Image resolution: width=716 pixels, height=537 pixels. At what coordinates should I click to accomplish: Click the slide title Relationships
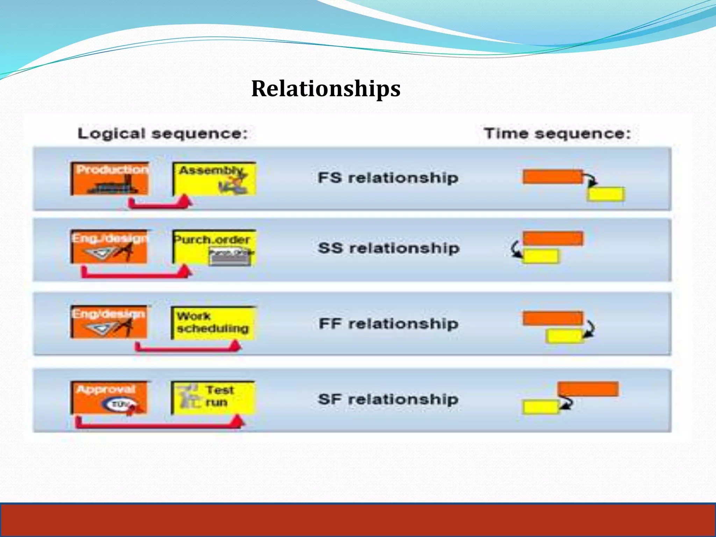tap(325, 88)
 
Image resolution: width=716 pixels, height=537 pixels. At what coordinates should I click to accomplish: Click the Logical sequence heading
tap(163, 134)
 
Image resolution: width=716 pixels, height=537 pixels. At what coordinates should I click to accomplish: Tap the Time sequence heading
tap(557, 134)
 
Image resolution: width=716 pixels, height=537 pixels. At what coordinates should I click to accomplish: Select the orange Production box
tap(109, 179)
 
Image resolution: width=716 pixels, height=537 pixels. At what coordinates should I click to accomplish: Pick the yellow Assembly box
tap(214, 179)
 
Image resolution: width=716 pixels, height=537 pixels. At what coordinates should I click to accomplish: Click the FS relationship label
tap(388, 178)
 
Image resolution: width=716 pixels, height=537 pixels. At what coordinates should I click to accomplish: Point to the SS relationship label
tap(389, 248)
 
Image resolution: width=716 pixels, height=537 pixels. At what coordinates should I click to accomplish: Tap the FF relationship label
tap(388, 324)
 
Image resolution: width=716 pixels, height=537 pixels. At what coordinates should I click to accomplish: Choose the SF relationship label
tap(388, 399)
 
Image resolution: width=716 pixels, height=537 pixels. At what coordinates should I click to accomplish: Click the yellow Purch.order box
tap(214, 247)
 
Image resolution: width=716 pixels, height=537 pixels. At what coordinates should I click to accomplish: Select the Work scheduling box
tap(213, 323)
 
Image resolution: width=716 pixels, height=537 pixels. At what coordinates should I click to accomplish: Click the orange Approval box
tap(109, 398)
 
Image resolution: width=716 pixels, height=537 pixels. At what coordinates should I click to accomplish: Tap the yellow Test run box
tap(213, 398)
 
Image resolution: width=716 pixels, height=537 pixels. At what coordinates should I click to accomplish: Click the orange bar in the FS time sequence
tap(553, 177)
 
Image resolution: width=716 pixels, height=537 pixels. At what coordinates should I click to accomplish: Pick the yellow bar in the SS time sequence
tap(540, 256)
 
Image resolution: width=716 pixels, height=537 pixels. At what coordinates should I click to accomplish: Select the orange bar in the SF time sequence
tap(588, 389)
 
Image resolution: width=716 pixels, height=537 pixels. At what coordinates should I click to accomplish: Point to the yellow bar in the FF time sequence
tap(564, 336)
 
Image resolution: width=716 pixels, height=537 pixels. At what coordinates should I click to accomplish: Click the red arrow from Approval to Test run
tap(157, 424)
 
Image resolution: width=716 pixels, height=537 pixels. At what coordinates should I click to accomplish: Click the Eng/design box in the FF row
tap(109, 322)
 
